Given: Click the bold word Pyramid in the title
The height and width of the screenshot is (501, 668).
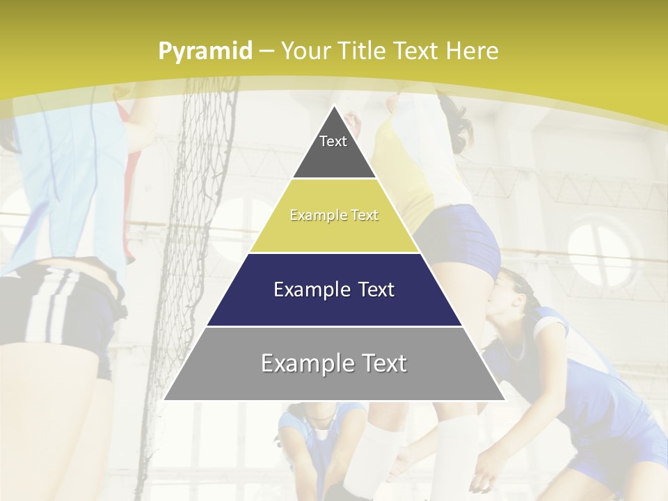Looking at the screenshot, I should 205,51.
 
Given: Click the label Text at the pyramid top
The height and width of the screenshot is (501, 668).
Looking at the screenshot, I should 333,141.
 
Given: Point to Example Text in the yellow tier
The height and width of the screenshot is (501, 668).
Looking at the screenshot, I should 334,216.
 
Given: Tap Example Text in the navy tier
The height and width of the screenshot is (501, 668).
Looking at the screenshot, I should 334,289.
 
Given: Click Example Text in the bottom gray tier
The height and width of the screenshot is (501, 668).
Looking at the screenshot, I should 334,363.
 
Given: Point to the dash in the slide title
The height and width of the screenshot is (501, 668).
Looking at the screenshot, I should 266,51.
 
